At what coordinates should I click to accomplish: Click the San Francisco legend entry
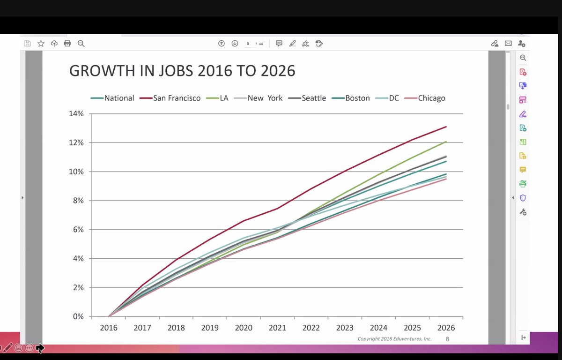177,98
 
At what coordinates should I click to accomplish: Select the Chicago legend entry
431,98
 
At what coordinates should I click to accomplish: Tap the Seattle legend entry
313,98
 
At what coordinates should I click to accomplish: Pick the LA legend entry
224,98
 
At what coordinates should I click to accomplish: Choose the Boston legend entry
357,98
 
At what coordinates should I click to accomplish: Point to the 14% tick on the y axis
76,114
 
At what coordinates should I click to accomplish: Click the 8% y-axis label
78,201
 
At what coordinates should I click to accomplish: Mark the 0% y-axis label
78,316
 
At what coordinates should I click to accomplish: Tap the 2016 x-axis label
109,328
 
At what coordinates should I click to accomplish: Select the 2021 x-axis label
277,328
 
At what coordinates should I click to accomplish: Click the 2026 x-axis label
446,328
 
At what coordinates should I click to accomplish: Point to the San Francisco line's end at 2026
446,127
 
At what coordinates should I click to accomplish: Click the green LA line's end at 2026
446,142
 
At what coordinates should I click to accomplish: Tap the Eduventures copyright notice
394,338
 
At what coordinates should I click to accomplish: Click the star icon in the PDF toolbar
41,44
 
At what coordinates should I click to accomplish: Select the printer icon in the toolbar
67,44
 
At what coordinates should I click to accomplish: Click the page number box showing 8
248,44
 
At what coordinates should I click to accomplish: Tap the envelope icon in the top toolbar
508,44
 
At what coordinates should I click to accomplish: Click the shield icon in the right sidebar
523,198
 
